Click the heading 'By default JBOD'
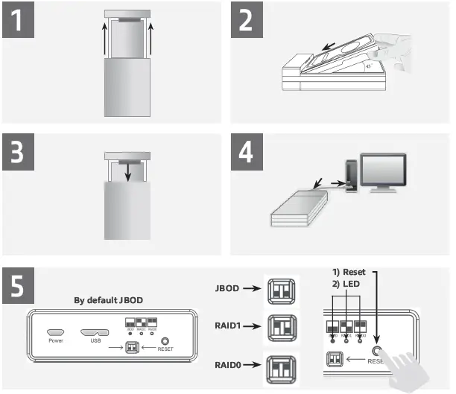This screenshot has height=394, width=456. pos(109,301)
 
